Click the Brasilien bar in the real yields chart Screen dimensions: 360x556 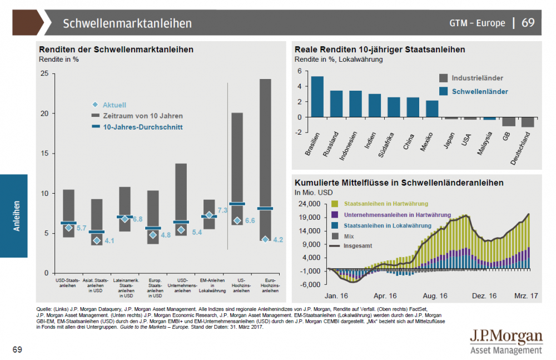tap(317, 96)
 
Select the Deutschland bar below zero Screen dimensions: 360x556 tap(528, 122)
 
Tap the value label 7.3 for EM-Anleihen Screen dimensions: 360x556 tap(222, 211)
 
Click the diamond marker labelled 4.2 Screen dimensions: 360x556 tap(265, 239)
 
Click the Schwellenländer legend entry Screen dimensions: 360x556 tap(479, 91)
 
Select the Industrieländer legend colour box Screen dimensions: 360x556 tap(443, 78)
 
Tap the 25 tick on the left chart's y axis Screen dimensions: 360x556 tap(44, 73)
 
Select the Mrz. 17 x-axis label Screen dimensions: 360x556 tap(524, 296)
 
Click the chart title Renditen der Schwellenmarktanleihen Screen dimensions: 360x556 tap(116, 50)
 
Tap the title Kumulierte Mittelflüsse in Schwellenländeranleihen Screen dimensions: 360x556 tap(399, 182)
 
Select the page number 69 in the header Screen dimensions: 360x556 tap(528, 23)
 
